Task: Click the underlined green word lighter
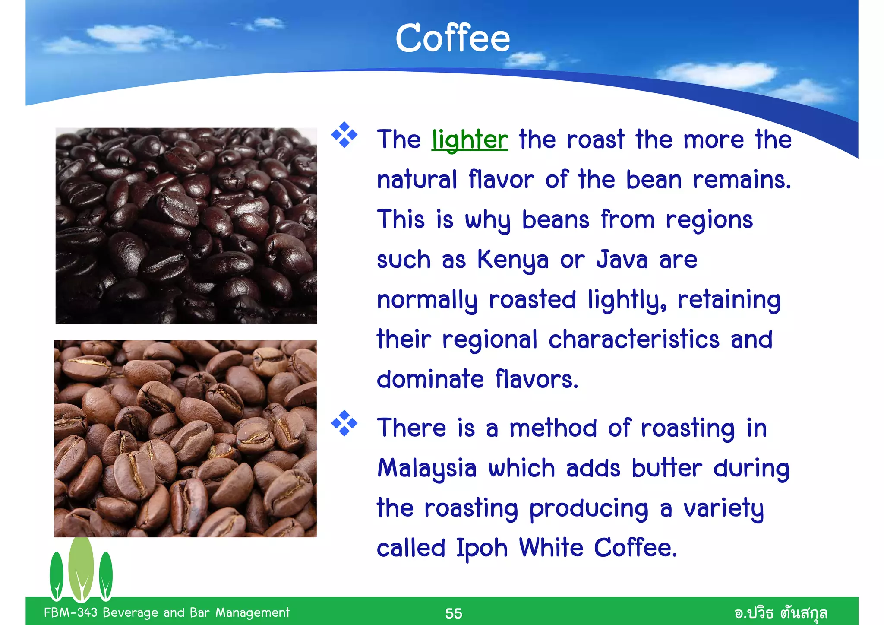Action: [470, 140]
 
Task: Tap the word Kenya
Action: [512, 260]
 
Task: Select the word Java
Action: [622, 260]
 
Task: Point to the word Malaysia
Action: [426, 469]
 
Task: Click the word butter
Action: [666, 469]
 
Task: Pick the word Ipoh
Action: [482, 549]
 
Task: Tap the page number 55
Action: [453, 613]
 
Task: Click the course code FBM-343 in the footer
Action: [70, 612]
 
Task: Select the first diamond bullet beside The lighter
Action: [344, 135]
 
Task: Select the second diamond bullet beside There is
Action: [344, 423]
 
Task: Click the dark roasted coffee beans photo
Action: [186, 225]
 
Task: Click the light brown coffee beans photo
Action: [185, 438]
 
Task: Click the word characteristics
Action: [634, 339]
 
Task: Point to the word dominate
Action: [430, 380]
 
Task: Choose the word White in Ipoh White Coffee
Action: [551, 549]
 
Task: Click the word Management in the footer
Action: [252, 612]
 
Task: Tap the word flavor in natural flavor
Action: [501, 180]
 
